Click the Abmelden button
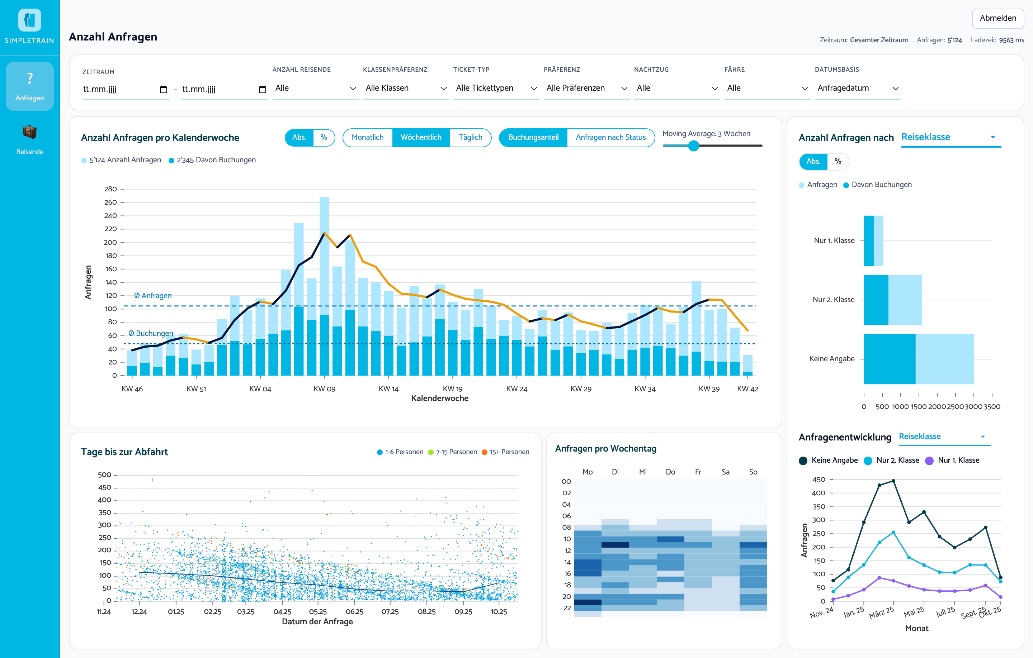[997, 18]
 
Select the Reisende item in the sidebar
[30, 140]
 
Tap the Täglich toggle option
[470, 137]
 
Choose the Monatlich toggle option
[368, 137]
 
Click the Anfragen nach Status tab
[610, 137]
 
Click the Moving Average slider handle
[693, 146]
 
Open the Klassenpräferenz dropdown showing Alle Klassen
[405, 88]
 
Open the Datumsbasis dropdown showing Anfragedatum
[858, 88]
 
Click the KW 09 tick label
[324, 389]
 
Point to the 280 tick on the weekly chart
[110, 189]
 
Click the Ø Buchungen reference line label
[151, 333]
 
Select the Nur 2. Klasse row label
[833, 300]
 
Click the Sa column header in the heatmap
[725, 472]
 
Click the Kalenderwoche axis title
[440, 398]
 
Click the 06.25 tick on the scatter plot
[354, 612]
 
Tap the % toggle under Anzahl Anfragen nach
[838, 161]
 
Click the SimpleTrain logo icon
[30, 20]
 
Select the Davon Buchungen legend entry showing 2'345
[212, 160]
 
